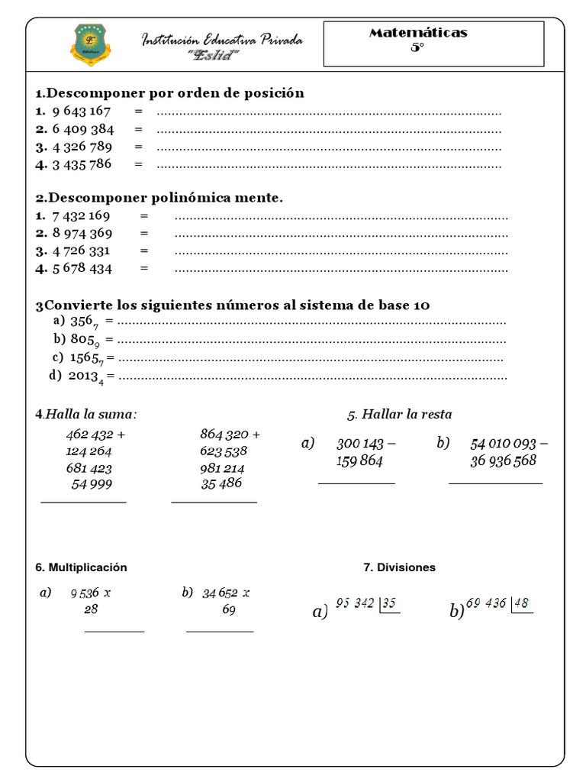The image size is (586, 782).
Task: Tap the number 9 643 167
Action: pos(82,112)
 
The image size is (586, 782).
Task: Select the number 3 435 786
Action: pos(82,163)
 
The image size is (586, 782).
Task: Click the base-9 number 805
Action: pos(82,340)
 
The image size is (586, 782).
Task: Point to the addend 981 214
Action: pos(222,468)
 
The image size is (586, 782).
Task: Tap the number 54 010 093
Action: pos(504,444)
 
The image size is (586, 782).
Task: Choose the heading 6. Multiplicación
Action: pos(81,567)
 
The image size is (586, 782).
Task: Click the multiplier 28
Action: pos(91,609)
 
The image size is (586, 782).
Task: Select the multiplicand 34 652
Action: pos(221,593)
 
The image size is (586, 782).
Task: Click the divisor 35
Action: pos(389,603)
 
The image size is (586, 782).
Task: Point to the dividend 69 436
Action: pos(485,603)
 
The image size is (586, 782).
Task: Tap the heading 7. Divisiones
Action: pos(400,567)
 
